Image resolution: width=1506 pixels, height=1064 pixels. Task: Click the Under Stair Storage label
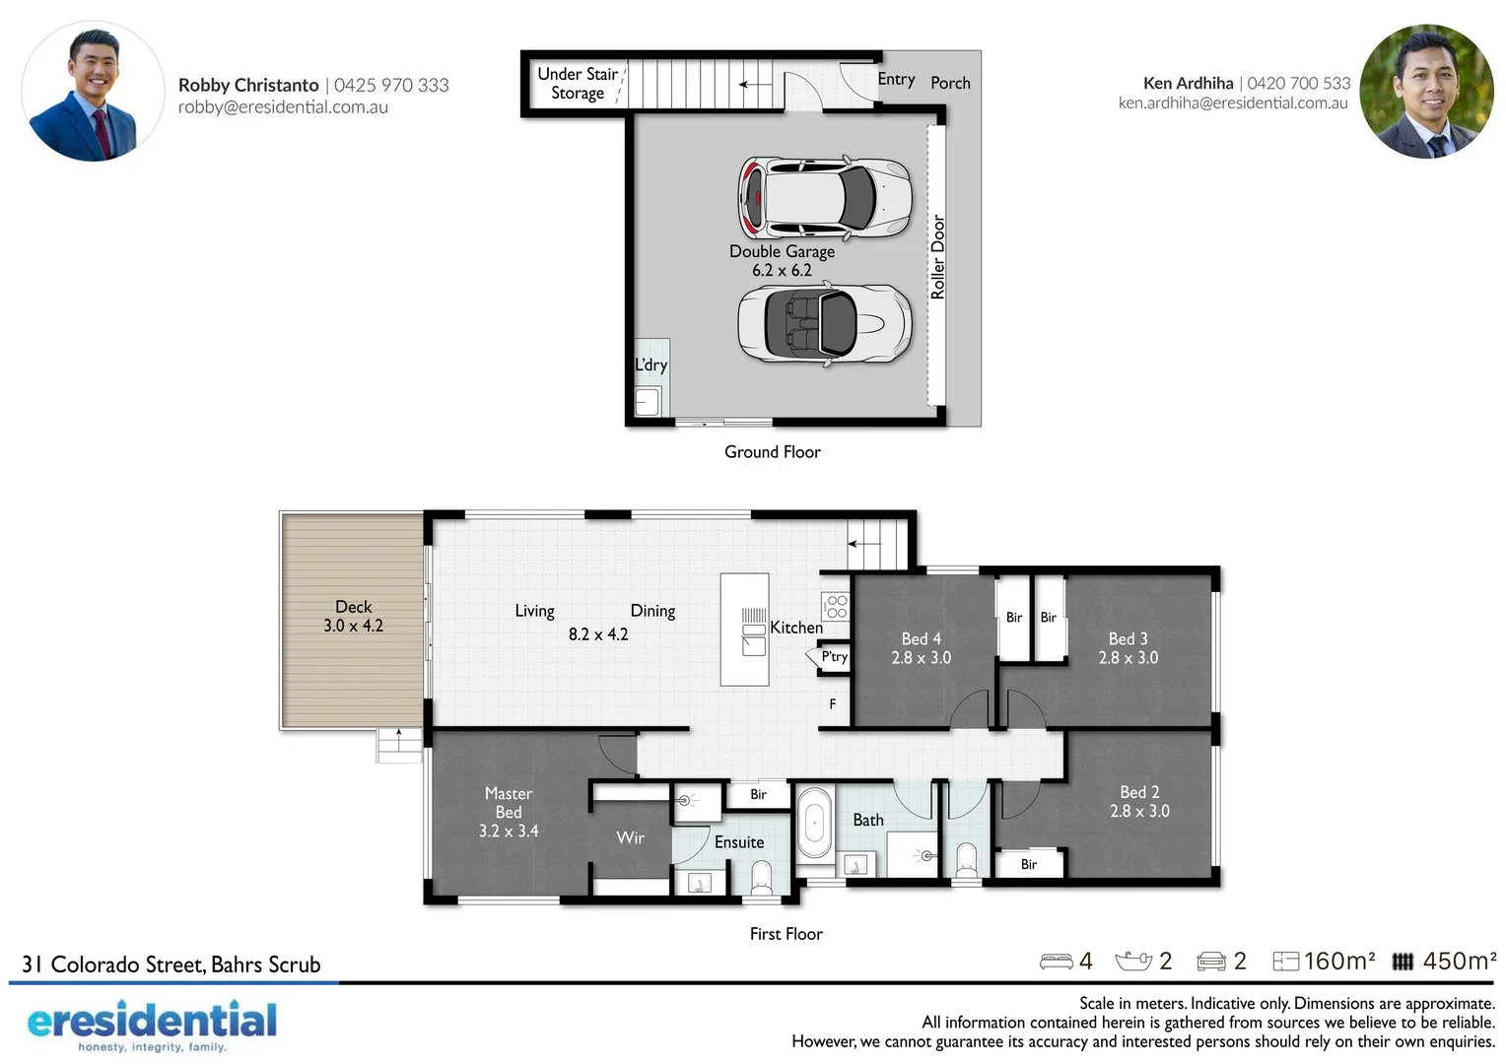(x=578, y=84)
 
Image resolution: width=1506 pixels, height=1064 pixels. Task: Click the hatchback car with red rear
(x=824, y=197)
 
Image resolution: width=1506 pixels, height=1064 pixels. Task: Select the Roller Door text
(x=937, y=257)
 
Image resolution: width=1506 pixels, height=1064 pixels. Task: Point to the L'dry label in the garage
(x=650, y=365)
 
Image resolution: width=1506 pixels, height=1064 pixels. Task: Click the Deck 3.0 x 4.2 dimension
(x=353, y=626)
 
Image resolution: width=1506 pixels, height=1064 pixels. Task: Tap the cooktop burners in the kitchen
(x=836, y=606)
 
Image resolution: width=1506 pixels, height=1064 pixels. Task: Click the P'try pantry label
(x=834, y=656)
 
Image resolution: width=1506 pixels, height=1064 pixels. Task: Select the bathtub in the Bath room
(x=814, y=824)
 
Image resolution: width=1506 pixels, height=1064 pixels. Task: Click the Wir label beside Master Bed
(x=630, y=837)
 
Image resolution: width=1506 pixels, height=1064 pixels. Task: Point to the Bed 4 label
(x=921, y=638)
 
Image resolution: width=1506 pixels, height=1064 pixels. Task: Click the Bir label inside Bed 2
(x=1028, y=864)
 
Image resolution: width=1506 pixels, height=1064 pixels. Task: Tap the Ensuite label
(x=739, y=842)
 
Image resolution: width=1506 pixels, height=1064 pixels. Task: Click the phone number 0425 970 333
(x=391, y=86)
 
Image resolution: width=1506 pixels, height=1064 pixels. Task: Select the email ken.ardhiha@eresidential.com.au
(x=1233, y=103)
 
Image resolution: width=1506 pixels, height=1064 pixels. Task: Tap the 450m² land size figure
(x=1459, y=961)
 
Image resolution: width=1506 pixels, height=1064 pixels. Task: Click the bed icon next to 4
(x=1056, y=962)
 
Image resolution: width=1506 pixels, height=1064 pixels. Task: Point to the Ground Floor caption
(x=772, y=452)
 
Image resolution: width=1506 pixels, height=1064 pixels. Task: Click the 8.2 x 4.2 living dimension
(x=597, y=634)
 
